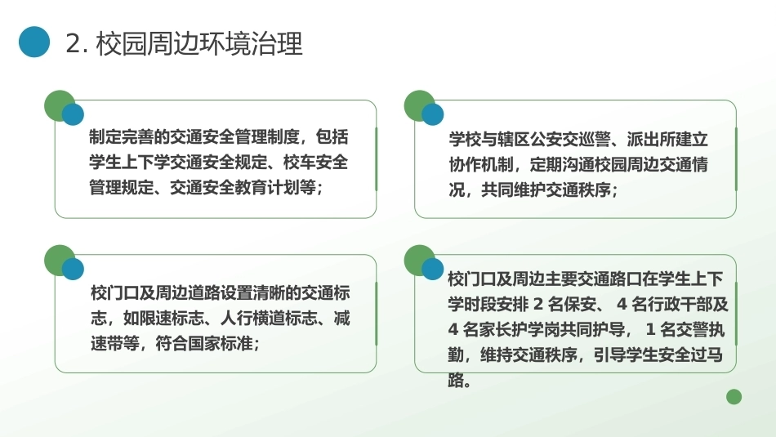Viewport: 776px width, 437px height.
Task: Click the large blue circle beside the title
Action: (x=34, y=42)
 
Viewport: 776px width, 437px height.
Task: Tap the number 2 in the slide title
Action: (x=73, y=43)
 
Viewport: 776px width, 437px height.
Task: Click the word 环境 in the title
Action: (x=216, y=43)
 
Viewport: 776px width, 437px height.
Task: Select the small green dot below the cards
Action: (x=734, y=396)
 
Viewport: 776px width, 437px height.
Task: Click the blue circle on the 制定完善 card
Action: (x=73, y=114)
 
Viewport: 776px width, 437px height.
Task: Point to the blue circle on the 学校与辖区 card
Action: (x=433, y=114)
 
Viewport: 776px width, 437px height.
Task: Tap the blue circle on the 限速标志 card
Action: (x=73, y=269)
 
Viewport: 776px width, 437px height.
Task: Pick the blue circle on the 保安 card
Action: (x=433, y=269)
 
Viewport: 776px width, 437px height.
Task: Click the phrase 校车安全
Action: (x=315, y=162)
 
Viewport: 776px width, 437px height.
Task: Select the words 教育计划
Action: (x=267, y=187)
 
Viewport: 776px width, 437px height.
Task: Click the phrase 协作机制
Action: (x=481, y=164)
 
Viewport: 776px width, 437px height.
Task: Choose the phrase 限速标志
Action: (x=172, y=318)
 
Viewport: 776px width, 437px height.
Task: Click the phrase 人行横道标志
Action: (x=269, y=318)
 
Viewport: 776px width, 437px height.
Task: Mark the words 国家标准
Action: (x=221, y=343)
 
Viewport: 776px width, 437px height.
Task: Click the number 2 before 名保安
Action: (x=538, y=304)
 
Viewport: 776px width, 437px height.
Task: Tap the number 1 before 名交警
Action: (x=651, y=329)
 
